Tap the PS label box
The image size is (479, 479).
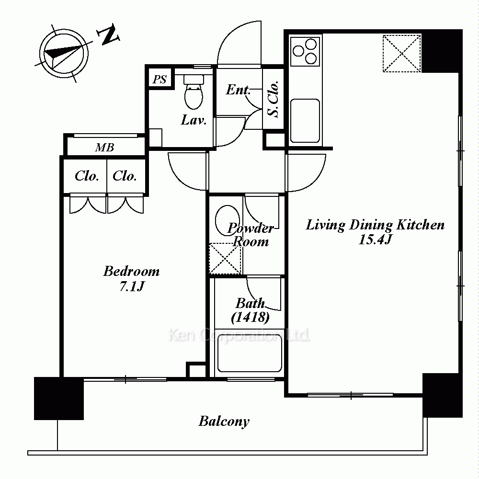[160, 79]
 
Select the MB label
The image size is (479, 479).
[104, 148]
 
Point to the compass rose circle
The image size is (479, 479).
[64, 54]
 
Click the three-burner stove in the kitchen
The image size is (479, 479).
[305, 51]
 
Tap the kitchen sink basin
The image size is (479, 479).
[305, 121]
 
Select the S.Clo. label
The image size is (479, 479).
[273, 99]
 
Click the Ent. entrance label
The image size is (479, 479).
[238, 90]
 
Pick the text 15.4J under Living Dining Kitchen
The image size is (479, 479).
[375, 239]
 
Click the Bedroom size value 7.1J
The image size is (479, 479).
[132, 286]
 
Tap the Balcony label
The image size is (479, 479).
[224, 422]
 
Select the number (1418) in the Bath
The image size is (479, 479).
[250, 318]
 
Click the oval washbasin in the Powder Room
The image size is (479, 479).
[227, 220]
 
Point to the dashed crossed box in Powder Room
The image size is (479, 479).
[225, 259]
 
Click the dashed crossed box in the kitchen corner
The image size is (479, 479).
[402, 54]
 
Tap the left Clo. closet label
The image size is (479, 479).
[87, 176]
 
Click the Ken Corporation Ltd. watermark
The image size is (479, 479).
[239, 335]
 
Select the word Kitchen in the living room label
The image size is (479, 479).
[421, 225]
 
